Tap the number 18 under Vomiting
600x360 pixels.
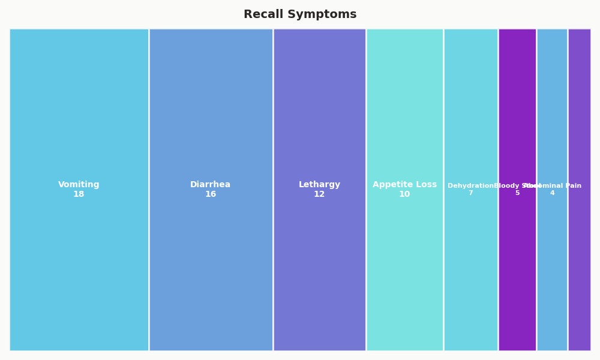pyautogui.click(x=79, y=194)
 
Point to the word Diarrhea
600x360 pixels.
pyautogui.click(x=211, y=185)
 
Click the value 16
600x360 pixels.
pyautogui.click(x=211, y=194)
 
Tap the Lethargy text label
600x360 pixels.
pyautogui.click(x=319, y=185)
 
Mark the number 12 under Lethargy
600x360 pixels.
pyautogui.click(x=319, y=194)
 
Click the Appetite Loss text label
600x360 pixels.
pyautogui.click(x=404, y=185)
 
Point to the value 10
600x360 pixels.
pyautogui.click(x=404, y=194)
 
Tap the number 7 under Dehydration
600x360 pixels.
pyautogui.click(x=470, y=193)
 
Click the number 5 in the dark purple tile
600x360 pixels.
pyautogui.click(x=517, y=193)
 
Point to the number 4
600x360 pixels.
pyautogui.click(x=552, y=193)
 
